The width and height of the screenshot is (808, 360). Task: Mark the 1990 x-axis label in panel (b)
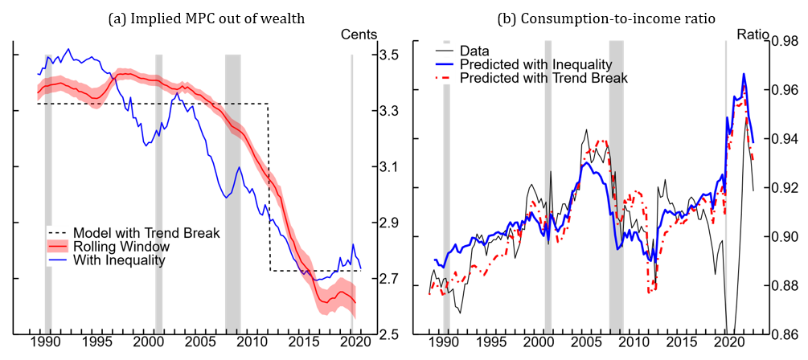click(442, 342)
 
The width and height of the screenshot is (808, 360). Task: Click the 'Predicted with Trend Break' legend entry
click(543, 78)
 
